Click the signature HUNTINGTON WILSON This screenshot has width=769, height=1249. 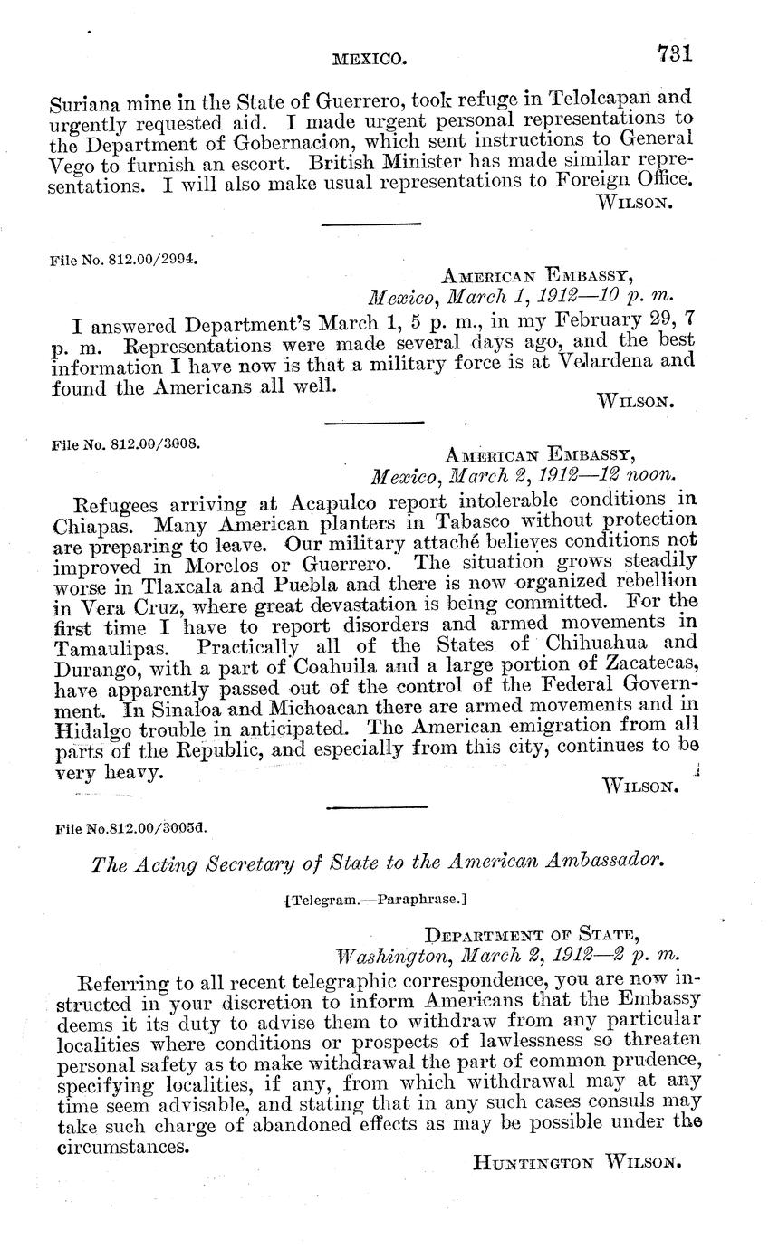(576, 1162)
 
